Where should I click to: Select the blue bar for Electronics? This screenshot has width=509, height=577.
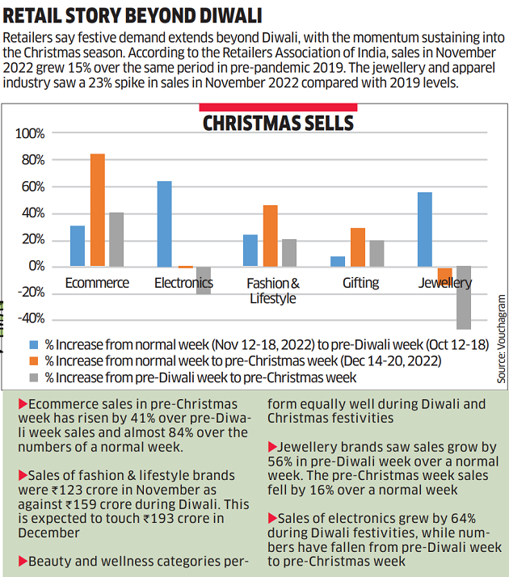(164, 224)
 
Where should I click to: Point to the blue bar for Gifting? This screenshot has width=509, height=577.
(338, 261)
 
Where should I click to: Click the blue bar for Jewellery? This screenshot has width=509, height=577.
(425, 230)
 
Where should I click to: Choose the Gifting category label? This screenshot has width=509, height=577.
(360, 283)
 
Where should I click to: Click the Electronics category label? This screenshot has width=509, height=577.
(183, 283)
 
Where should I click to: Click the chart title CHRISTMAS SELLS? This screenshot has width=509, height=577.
(277, 123)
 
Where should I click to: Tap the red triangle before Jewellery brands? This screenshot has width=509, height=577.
(271, 446)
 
